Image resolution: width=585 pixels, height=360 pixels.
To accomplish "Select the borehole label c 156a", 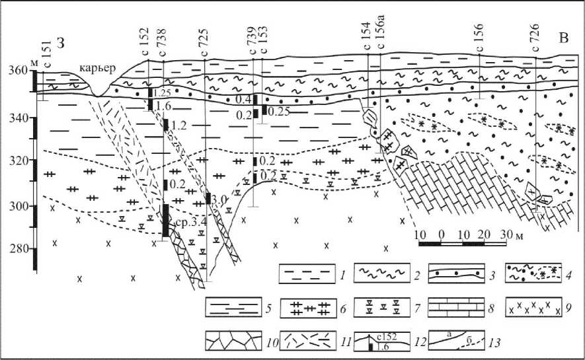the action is [x=381, y=44].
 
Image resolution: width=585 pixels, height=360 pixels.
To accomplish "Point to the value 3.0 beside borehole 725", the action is [x=220, y=199].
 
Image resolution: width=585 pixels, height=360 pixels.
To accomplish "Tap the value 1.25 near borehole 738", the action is [x=162, y=93].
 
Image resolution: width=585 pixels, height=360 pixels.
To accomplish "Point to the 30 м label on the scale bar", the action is [x=509, y=235].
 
